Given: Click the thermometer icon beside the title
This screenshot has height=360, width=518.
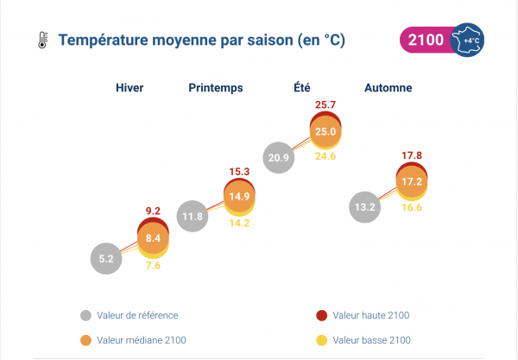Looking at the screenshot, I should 41,41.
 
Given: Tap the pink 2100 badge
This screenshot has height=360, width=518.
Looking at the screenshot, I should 425,41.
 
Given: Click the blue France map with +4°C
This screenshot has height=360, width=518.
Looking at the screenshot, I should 470,41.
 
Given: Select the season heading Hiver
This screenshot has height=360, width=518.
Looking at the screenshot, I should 129,88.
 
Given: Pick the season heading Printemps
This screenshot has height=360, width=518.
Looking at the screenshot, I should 216,88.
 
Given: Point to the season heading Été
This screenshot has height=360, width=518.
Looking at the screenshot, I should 302,88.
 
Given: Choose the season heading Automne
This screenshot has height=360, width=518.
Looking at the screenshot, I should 388,88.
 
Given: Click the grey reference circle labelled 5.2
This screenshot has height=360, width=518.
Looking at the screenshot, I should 106,257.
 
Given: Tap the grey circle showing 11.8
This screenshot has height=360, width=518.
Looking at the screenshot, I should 193,216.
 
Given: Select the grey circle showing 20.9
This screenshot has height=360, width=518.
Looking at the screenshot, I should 279,157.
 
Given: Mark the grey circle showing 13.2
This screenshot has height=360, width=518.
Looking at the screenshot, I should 365,207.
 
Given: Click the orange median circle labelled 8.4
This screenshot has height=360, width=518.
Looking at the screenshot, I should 154,237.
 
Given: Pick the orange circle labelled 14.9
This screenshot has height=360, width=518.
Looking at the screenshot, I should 240,197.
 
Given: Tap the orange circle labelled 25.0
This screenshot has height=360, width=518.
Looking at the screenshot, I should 325,131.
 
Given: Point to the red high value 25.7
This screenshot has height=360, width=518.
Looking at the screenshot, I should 325,104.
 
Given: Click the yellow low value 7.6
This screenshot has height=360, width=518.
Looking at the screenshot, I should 154,266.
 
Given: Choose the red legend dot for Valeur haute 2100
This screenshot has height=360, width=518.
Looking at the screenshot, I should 322,315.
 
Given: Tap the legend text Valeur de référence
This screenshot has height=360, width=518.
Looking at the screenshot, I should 138,315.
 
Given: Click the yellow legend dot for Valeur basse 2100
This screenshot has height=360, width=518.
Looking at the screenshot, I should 322,340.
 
